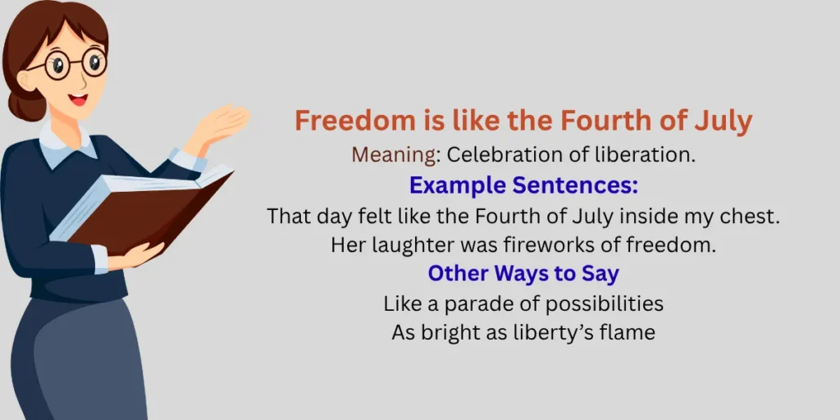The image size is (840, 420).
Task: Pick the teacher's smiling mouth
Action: point(79,100)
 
